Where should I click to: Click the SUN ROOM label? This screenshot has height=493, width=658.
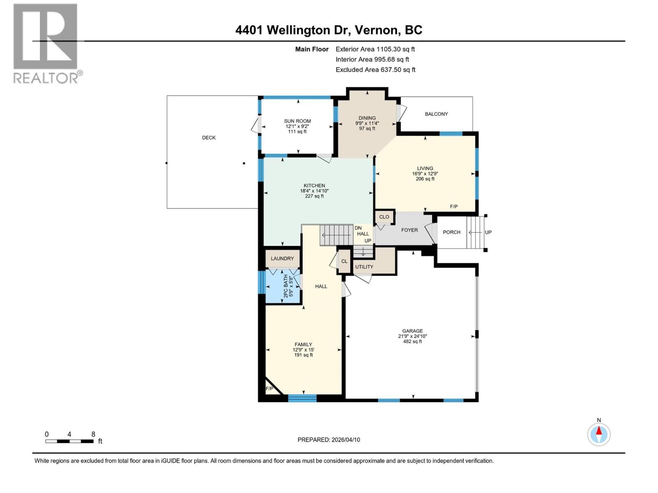tap(297, 121)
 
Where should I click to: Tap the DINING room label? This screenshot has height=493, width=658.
tap(367, 118)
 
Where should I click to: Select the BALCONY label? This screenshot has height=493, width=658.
tap(436, 114)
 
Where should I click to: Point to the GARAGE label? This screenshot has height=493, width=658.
tap(412, 331)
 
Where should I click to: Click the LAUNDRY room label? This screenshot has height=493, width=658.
tap(282, 258)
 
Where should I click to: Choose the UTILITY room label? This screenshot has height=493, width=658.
tap(364, 267)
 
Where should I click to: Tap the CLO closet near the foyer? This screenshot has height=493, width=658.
tap(384, 217)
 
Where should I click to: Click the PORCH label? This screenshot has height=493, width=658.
tap(452, 232)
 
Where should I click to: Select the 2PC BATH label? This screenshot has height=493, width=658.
tap(285, 286)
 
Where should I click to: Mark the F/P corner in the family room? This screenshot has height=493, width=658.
tap(269, 389)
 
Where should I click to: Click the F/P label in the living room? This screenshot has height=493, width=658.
tap(454, 207)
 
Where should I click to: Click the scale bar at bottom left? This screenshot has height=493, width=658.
tap(69, 441)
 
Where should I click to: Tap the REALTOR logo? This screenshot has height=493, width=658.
tap(46, 43)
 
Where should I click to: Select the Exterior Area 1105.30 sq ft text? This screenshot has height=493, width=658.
tap(375, 49)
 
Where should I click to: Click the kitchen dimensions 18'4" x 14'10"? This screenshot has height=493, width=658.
tap(314, 191)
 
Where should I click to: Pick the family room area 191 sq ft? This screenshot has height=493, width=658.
tap(304, 355)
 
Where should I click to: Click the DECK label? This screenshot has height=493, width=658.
tap(209, 138)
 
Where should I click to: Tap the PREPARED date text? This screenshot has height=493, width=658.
tap(329, 440)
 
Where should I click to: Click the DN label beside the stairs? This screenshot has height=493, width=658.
tap(358, 228)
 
